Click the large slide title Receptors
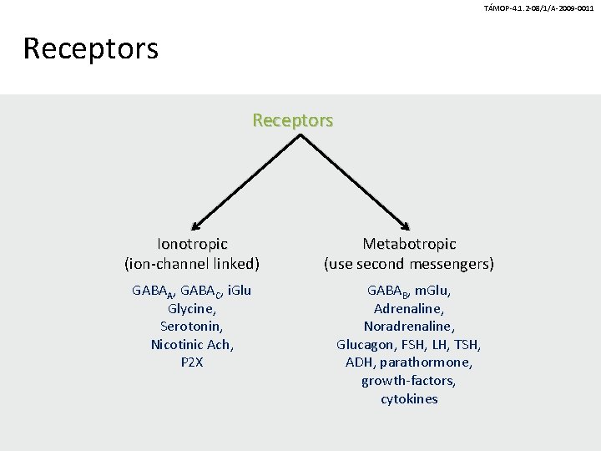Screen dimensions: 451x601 (90, 48)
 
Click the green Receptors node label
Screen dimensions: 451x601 (293, 120)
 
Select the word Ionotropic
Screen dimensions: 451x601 (192, 244)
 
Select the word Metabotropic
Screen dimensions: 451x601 (409, 244)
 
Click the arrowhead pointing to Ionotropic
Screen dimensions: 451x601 (194, 225)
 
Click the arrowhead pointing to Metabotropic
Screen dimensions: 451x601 (407, 225)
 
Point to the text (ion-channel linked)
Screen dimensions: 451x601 (192, 264)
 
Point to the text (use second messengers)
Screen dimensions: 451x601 (409, 264)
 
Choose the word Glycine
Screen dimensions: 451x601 (191, 308)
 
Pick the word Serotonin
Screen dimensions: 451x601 (191, 327)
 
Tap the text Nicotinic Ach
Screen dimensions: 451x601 (192, 344)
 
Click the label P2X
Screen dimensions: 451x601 (191, 362)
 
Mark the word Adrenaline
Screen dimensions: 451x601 (408, 308)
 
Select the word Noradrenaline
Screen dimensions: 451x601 (408, 327)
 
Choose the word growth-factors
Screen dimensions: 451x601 (408, 381)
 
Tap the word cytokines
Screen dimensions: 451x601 (409, 399)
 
